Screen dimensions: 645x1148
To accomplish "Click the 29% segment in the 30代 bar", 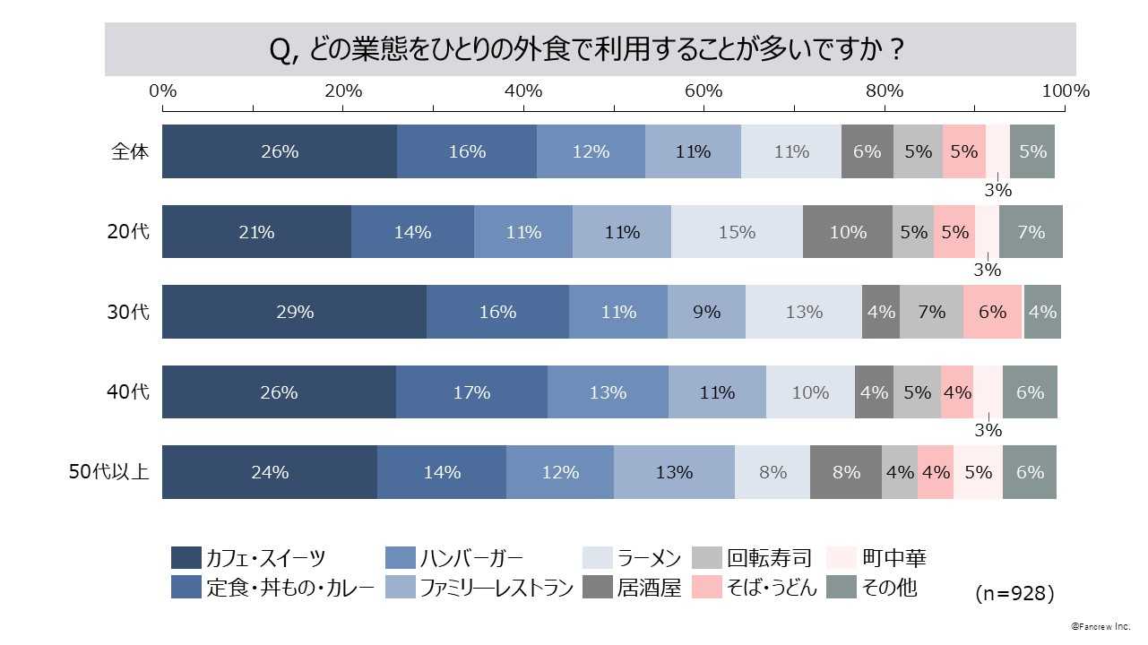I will (294, 312).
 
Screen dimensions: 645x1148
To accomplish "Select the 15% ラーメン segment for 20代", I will (737, 232).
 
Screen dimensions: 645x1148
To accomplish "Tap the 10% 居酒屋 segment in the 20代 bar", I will (848, 232).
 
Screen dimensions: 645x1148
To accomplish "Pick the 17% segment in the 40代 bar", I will (471, 392).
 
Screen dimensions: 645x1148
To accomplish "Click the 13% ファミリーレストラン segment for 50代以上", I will (674, 472).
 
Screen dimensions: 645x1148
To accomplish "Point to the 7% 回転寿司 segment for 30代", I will (931, 312).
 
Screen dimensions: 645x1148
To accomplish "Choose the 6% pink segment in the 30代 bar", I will (992, 312).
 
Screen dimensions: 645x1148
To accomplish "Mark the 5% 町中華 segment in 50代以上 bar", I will (978, 472).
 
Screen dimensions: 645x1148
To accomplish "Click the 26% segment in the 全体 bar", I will (280, 151).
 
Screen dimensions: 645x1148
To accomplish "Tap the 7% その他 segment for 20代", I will (1031, 232).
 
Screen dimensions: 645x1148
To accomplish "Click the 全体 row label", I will (130, 151).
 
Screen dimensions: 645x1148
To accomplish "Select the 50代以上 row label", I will (109, 472).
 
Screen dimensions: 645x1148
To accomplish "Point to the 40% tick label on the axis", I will (523, 91).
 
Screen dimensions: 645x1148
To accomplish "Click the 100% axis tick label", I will (1066, 91).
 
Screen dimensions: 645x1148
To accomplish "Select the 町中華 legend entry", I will (893, 558).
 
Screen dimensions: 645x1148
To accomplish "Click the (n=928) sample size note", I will (1014, 593).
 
